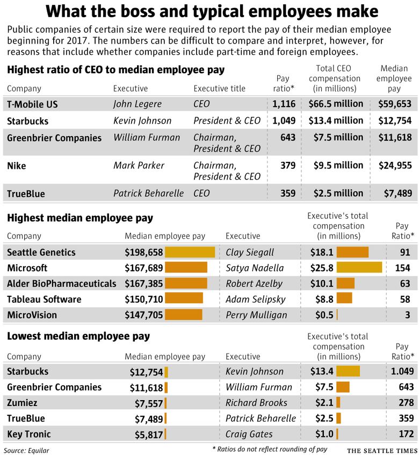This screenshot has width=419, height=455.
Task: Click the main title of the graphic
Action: point(211,12)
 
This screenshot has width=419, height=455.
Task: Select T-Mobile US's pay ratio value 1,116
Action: point(284,104)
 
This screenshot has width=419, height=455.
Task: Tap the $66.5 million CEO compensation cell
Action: point(336,104)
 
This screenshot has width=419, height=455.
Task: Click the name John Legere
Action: point(137,104)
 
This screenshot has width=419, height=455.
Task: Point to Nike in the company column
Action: point(16,166)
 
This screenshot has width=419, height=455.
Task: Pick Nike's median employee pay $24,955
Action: point(395,166)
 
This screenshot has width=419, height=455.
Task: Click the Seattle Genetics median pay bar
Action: point(190,252)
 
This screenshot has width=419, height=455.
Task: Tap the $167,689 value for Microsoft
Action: point(143,268)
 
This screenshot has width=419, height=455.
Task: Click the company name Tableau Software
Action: point(44,300)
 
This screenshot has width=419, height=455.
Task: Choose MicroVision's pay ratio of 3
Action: point(407,315)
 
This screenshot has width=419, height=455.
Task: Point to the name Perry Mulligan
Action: point(256,315)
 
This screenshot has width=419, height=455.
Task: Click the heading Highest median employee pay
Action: point(80,218)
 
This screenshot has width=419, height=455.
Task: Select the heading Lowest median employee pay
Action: point(78,337)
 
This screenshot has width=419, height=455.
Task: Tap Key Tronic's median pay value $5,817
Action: point(146,434)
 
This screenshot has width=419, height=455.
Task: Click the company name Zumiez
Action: point(21,403)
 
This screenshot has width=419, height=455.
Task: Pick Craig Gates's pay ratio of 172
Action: point(406,434)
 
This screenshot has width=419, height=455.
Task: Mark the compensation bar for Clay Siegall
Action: point(352,252)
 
